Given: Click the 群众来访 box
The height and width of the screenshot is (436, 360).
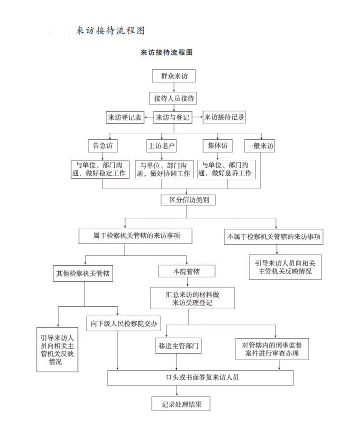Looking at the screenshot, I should click(x=173, y=76).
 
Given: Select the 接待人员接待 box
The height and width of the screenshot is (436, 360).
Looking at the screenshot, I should click(x=173, y=98).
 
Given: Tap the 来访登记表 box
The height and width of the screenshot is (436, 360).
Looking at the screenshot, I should click(x=124, y=118).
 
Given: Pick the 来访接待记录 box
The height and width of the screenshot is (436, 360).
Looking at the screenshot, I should click(x=224, y=118).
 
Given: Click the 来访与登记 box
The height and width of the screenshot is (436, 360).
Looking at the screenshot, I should click(x=173, y=118).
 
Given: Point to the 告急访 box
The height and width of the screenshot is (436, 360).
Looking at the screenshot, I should click(x=102, y=146).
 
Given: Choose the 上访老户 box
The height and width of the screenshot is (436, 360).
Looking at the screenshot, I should click(x=161, y=146).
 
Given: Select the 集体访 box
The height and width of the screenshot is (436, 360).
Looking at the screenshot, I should click(x=217, y=145).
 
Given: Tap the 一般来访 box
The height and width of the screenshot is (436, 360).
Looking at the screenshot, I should click(x=259, y=146).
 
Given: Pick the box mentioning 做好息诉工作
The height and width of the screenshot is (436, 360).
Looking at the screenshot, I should click(x=226, y=169).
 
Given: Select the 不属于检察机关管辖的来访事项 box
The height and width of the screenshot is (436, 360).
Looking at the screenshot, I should click(x=273, y=237).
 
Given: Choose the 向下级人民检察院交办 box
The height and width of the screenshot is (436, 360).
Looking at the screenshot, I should click(x=123, y=324).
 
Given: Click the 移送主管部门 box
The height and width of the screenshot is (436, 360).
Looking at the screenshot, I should click(x=179, y=346).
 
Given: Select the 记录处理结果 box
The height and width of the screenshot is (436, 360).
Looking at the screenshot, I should click(x=180, y=404).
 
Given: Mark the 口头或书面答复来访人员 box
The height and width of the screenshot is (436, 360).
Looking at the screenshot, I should click(x=200, y=378).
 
